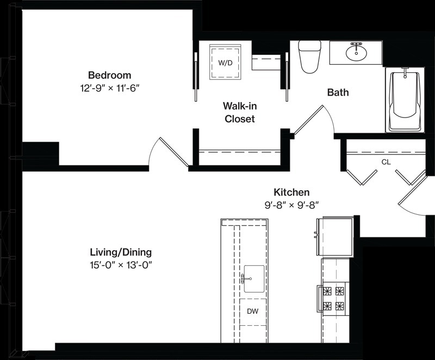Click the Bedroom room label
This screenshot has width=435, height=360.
click(110, 76)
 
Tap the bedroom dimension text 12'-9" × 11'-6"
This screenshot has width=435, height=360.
click(110, 89)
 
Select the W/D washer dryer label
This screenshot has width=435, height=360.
click(225, 63)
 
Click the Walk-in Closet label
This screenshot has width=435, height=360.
click(240, 113)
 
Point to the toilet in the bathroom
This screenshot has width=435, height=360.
click(309, 57)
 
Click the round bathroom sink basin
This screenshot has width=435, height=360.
click(357, 53)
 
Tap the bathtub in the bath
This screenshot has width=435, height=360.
click(405, 101)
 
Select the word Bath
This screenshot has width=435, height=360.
click(338, 92)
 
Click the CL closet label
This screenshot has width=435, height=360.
click(386, 162)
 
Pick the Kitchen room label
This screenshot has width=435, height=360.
click(291, 192)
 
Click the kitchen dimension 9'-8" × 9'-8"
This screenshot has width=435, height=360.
click(291, 205)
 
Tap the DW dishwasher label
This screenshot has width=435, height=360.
click(253, 312)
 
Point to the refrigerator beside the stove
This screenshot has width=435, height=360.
click(335, 237)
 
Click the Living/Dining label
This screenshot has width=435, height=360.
click(121, 253)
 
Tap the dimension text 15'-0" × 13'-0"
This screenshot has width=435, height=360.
click(121, 266)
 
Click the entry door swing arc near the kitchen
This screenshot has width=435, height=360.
click(411, 211)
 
